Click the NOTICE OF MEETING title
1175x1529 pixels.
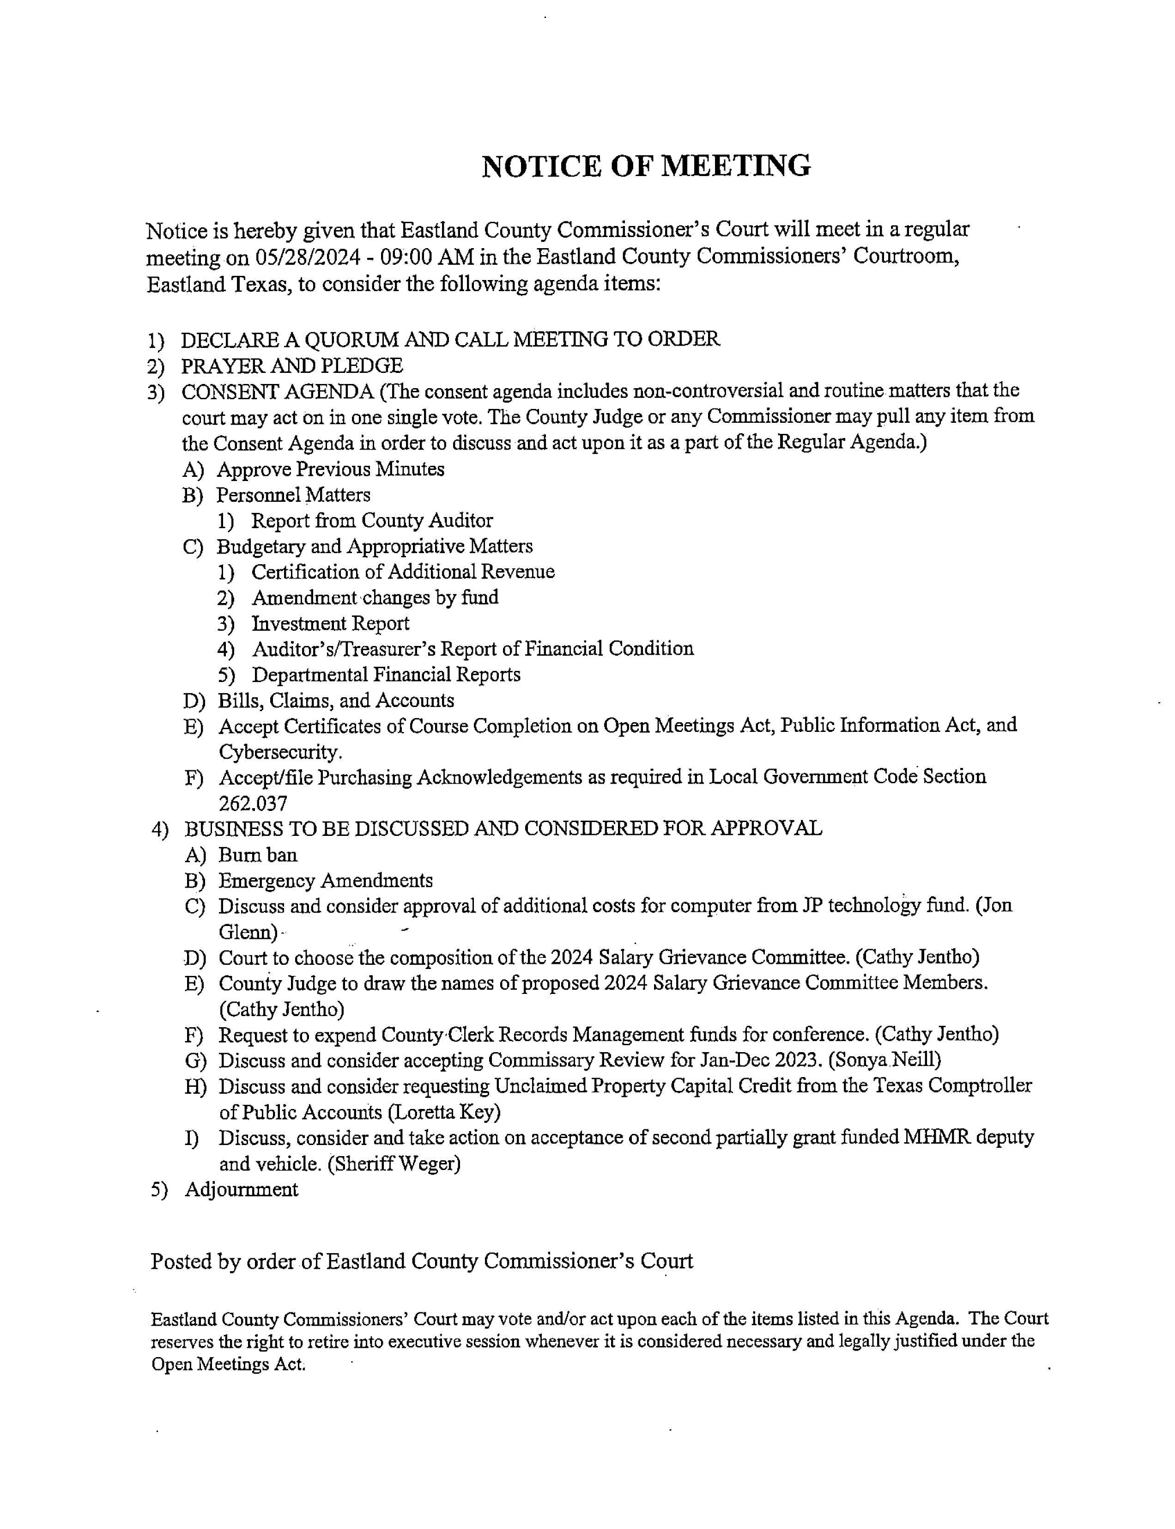click(x=646, y=166)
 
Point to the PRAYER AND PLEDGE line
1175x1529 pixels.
click(x=291, y=366)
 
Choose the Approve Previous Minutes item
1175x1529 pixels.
click(x=330, y=469)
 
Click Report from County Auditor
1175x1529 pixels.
click(x=371, y=521)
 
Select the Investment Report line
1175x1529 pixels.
click(x=330, y=623)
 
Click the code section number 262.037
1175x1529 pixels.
click(x=253, y=804)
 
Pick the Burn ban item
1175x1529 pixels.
click(x=257, y=855)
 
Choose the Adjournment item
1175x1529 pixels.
click(x=241, y=1190)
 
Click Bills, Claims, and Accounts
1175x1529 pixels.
click(x=336, y=701)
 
